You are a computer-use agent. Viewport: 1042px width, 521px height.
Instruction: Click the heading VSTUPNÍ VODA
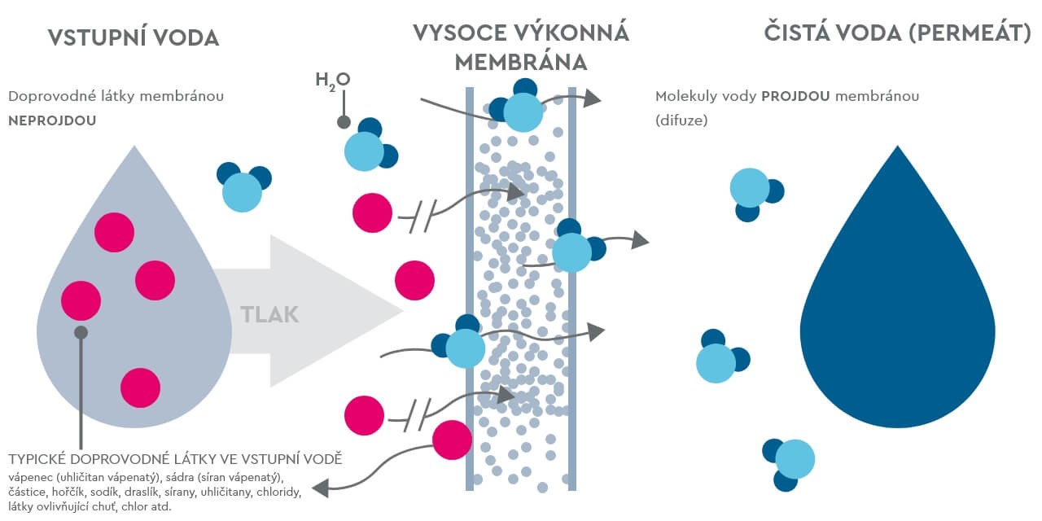[x=134, y=37]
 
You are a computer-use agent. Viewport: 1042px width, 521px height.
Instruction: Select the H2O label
[x=332, y=80]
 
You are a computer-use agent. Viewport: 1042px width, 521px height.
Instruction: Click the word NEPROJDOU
[x=52, y=119]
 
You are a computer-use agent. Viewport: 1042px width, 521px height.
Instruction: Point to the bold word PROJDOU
[x=795, y=96]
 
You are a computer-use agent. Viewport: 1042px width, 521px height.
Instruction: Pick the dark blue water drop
[x=897, y=309]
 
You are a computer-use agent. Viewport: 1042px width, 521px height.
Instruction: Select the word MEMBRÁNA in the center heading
[x=521, y=62]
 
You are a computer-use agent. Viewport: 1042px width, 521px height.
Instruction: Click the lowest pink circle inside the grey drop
[x=140, y=387]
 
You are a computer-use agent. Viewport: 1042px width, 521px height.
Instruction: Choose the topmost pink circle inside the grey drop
[x=114, y=233]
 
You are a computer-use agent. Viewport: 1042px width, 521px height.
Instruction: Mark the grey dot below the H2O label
[x=344, y=123]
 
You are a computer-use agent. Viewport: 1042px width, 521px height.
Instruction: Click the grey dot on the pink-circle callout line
[x=81, y=332]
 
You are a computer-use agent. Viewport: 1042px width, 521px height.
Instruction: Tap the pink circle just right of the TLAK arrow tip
[x=415, y=280]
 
